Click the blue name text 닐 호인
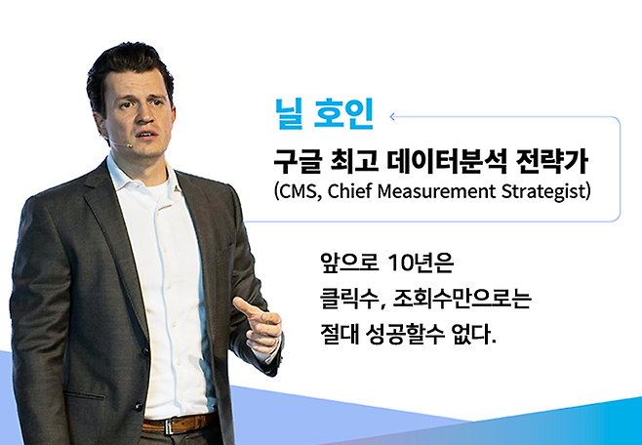coord(325,114)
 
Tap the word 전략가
coord(553,162)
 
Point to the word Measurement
coord(436,191)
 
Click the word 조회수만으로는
coord(461,300)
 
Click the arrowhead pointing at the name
coord(392,117)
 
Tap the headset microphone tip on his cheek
coord(129,145)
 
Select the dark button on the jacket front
coord(143,351)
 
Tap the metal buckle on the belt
coord(170,425)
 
